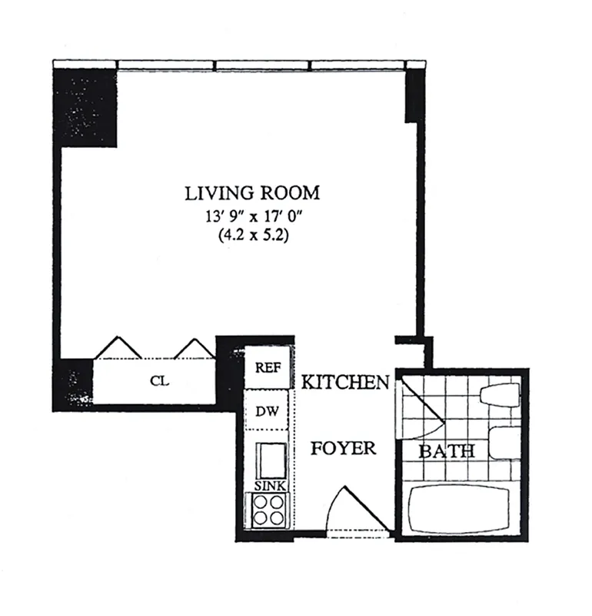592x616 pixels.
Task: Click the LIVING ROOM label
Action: [251, 192]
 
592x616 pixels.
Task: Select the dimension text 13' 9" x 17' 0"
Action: [251, 216]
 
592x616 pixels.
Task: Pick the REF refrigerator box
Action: [267, 368]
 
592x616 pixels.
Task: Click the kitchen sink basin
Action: [269, 460]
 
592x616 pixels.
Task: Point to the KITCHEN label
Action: [344, 382]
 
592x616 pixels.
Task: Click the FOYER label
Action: [343, 447]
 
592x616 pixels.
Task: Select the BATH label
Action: [446, 451]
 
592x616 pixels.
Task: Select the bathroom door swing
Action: [419, 408]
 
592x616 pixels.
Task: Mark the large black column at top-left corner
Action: [85, 108]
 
